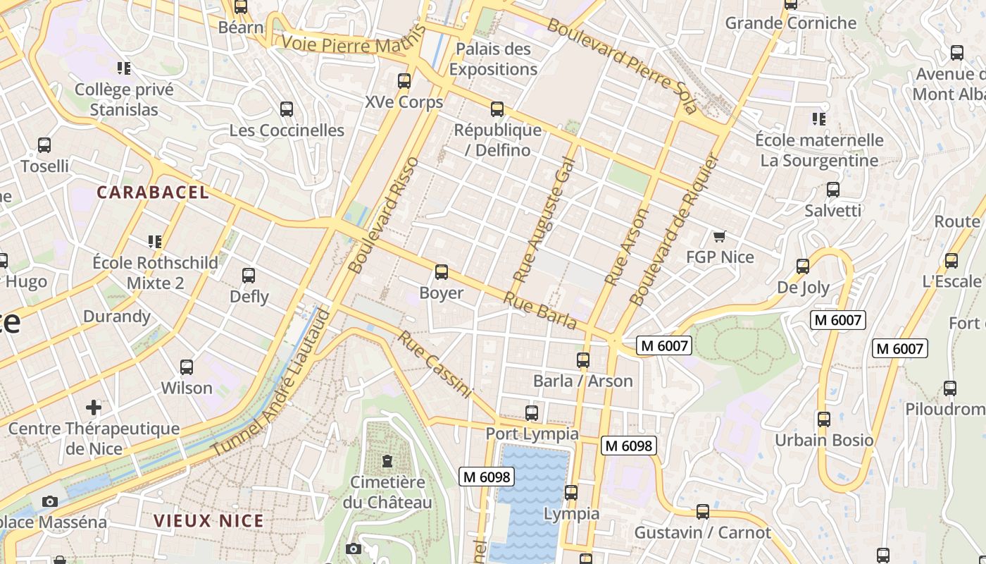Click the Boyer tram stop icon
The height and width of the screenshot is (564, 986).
pos(442,272)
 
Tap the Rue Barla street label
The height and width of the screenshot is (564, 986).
pos(539,310)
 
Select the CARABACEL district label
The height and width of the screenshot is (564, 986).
pos(153,192)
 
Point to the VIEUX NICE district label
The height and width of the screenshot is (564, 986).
pos(208,521)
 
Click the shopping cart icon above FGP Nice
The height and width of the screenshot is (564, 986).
pos(719,236)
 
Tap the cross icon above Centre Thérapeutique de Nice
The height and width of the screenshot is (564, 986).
pos(94,407)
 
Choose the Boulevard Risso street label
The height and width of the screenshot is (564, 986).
pos(383,215)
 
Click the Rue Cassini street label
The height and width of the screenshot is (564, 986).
pos(434,364)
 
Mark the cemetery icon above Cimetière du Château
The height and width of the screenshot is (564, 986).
pos(387,462)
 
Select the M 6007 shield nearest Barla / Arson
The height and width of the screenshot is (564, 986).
pos(664,345)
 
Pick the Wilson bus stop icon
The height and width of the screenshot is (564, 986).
pos(187,367)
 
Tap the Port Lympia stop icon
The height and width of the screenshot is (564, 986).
pos(532,413)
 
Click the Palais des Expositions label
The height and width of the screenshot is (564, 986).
pos(493,59)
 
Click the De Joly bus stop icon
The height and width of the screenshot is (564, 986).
pos(803,266)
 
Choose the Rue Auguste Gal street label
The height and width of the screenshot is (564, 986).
pos(544,220)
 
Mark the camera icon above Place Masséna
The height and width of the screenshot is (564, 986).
pos(49,501)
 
